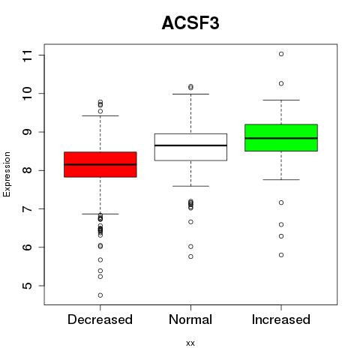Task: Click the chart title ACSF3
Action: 190,23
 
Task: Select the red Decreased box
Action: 100,164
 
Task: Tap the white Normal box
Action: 190,147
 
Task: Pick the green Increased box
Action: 281,137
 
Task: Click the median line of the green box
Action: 281,138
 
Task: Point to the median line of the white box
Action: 190,145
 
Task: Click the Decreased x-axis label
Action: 100,319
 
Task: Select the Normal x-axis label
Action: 190,319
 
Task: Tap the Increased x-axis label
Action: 281,319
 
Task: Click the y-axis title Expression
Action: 7,174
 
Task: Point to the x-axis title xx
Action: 190,343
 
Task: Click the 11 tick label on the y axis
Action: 28,56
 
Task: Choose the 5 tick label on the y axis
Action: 28,286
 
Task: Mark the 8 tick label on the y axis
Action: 28,170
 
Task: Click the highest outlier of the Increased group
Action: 281,54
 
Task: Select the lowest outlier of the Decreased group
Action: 100,295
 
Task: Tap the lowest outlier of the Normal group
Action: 190,256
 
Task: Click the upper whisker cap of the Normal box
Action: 190,94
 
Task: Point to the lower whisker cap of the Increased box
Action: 281,179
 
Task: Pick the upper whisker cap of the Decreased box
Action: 100,115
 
